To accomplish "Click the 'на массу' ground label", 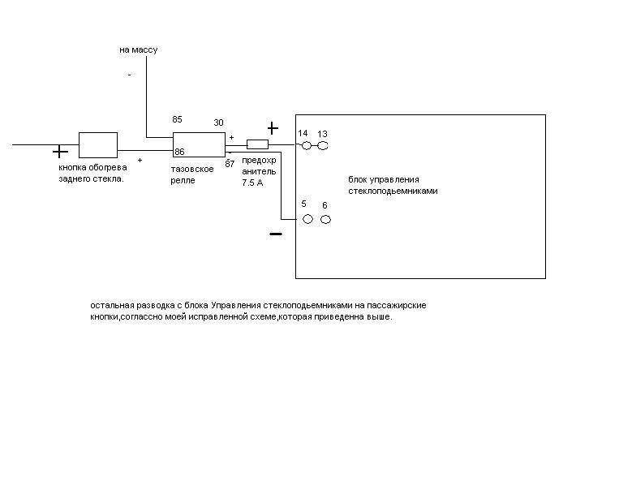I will pyautogui.click(x=138, y=49).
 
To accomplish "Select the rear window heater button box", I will pyautogui.click(x=97, y=145).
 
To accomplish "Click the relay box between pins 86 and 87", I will pyautogui.click(x=199, y=144).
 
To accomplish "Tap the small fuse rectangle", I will pyautogui.click(x=257, y=144).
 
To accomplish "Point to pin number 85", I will pyautogui.click(x=178, y=119).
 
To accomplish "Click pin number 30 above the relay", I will pyautogui.click(x=218, y=122).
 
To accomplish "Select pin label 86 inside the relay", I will pyautogui.click(x=179, y=152).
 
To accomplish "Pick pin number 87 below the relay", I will pyautogui.click(x=230, y=163).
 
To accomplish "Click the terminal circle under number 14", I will pyautogui.click(x=307, y=146).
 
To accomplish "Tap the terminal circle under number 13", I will pyautogui.click(x=322, y=146).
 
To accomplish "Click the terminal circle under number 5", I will pyautogui.click(x=307, y=219).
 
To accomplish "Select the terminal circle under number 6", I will pyautogui.click(x=325, y=219).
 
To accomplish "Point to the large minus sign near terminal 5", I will pyautogui.click(x=276, y=234).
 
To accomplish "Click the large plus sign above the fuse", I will pyautogui.click(x=273, y=128).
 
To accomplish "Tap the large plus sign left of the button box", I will pyautogui.click(x=60, y=151).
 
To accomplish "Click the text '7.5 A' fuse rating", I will pyautogui.click(x=253, y=183).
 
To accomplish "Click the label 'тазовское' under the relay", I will pyautogui.click(x=192, y=168).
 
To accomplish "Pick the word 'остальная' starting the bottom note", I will pyautogui.click(x=112, y=306).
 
